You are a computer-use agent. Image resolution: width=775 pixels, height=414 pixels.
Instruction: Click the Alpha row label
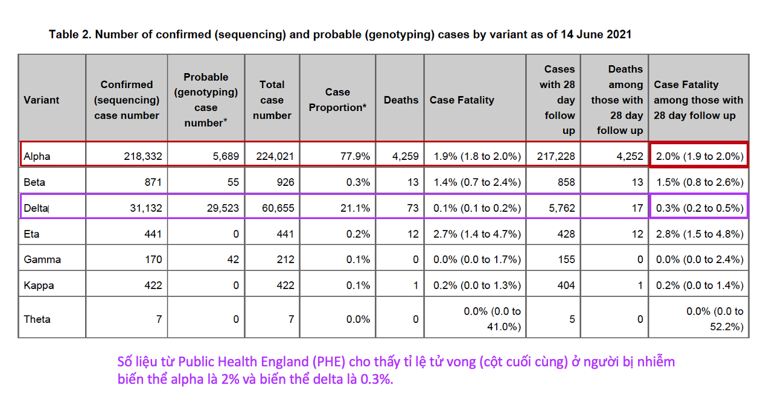[x=37, y=156]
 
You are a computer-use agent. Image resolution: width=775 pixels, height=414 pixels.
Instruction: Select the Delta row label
[x=36, y=208]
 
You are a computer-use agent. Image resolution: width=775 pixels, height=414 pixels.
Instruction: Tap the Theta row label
[x=37, y=319]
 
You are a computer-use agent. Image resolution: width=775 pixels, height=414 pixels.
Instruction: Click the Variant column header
[x=42, y=100]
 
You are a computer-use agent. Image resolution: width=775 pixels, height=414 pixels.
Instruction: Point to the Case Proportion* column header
[x=337, y=100]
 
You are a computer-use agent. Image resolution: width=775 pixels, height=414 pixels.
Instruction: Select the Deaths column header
[x=401, y=100]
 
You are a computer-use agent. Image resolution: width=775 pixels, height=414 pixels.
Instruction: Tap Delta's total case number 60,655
[x=275, y=208]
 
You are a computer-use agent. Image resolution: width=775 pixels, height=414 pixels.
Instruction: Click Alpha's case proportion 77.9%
[x=356, y=156]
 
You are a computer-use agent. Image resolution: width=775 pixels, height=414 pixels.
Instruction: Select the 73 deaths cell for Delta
[x=412, y=208]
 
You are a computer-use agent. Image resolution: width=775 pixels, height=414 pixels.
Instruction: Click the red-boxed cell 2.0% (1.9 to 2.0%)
[x=698, y=156]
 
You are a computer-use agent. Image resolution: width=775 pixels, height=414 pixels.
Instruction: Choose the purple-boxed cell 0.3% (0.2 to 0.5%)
[x=698, y=208]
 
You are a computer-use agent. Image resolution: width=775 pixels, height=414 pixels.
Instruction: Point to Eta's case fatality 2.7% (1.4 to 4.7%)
[x=477, y=234]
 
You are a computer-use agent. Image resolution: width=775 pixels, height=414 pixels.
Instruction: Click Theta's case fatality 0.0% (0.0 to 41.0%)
[x=492, y=319]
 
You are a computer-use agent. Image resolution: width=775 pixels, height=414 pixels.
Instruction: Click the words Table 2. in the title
[x=69, y=34]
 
